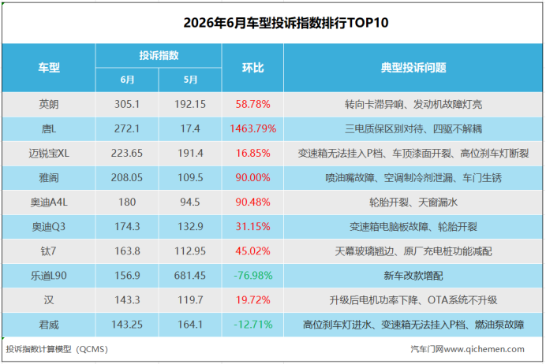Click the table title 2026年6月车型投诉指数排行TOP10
(x=286, y=23)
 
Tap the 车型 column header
(x=49, y=68)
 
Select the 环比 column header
(x=252, y=68)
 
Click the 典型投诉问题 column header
(x=413, y=68)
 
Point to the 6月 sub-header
(x=127, y=80)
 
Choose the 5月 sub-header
(x=190, y=80)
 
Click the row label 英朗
(x=49, y=104)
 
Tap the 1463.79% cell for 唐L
(x=252, y=128)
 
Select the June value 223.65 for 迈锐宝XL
(x=127, y=153)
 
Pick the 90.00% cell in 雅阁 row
(x=252, y=177)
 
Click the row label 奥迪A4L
(x=49, y=202)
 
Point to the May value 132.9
(x=190, y=227)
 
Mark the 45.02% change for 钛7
(x=252, y=251)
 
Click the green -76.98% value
(x=252, y=275)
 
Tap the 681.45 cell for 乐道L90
(x=190, y=275)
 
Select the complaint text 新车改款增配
(x=413, y=276)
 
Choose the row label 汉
(x=49, y=300)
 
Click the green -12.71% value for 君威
(x=252, y=325)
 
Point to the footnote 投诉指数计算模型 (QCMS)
(x=57, y=349)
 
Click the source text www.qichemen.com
(x=484, y=349)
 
